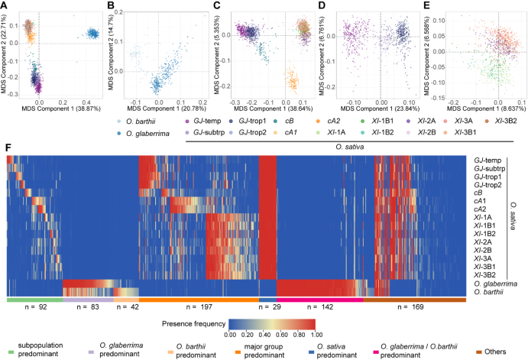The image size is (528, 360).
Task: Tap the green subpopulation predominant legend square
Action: (x=9, y=346)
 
